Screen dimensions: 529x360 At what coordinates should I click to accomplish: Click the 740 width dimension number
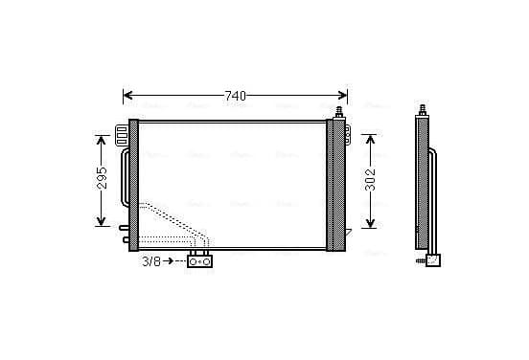[x=236, y=96]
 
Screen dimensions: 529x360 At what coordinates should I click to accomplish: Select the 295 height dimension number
[x=102, y=178]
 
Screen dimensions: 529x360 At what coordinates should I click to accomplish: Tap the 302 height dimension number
[x=371, y=180]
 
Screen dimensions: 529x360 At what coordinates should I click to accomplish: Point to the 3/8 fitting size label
[x=151, y=261]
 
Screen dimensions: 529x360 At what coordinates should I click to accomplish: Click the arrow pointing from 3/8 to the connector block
[x=168, y=260]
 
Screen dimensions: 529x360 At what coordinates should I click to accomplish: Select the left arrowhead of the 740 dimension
[x=127, y=95]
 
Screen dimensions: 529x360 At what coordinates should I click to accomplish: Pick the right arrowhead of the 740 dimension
[x=342, y=95]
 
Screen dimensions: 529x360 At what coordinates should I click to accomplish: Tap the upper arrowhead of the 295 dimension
[x=102, y=140]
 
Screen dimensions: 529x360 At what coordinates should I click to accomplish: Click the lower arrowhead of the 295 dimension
[x=102, y=221]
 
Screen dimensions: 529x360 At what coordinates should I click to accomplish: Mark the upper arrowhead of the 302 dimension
[x=371, y=140]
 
